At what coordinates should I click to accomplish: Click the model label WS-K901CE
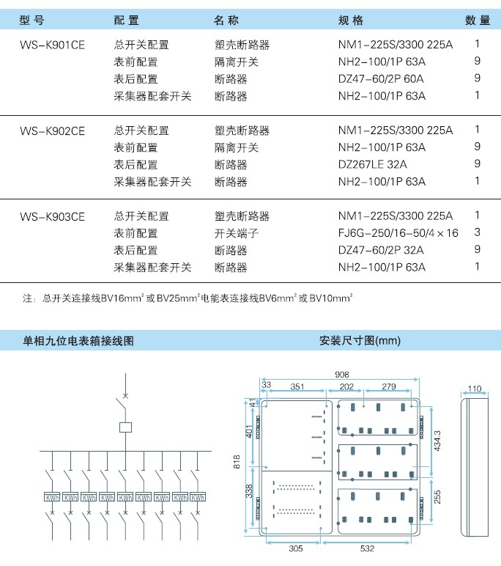point(52,45)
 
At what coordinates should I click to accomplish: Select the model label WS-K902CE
point(52,131)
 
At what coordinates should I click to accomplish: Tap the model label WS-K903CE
point(52,216)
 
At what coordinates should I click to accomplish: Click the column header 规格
point(351,21)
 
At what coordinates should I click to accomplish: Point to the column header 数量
point(478,21)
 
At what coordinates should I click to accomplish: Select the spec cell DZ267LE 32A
point(373,165)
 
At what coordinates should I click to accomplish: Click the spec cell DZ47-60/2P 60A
point(381,78)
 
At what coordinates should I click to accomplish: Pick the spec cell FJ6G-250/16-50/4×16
point(398,233)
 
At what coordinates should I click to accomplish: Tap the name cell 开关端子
point(237,233)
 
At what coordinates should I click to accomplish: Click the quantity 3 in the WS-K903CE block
point(477,232)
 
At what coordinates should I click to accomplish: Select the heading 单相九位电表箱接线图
point(78,340)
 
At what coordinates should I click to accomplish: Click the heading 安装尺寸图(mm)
point(360,340)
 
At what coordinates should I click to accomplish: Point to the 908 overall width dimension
point(341,375)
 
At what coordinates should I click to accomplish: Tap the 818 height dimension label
point(237,462)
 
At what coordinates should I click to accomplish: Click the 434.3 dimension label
point(437,441)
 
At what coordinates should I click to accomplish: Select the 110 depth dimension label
point(475,389)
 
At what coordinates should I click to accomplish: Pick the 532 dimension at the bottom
point(367,548)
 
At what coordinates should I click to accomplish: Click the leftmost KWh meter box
point(52,497)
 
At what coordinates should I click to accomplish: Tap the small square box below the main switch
point(125,427)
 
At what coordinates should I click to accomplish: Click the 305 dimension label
point(296,548)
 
